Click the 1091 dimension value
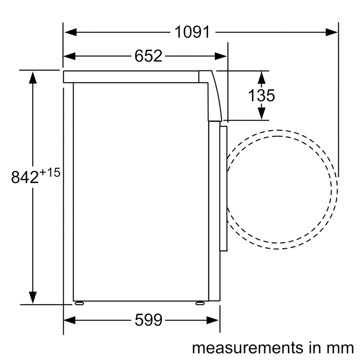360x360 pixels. [x=192, y=32]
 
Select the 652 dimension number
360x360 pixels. [x=148, y=56]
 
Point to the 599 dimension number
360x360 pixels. [x=148, y=320]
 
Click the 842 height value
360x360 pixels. [x=25, y=177]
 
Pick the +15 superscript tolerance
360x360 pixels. [x=50, y=172]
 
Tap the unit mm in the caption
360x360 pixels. [x=342, y=348]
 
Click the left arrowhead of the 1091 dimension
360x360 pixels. [x=70, y=32]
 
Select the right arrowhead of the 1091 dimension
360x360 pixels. [x=332, y=32]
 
